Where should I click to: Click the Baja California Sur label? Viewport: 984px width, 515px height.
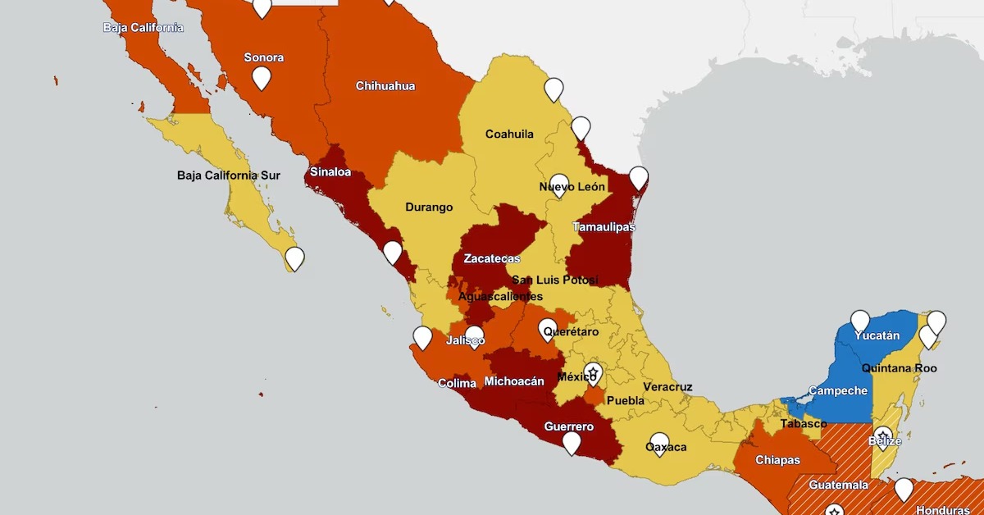tap(228, 175)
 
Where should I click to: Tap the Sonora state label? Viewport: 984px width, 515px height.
tap(264, 57)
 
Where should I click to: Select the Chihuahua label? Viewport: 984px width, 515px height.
tap(385, 86)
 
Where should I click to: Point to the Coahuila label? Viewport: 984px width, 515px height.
tap(509, 134)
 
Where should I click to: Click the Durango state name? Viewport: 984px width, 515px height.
tap(429, 207)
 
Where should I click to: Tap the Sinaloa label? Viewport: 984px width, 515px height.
tap(330, 173)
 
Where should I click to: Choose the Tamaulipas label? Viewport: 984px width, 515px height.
tap(604, 227)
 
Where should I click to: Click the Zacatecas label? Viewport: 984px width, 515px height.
tap(491, 259)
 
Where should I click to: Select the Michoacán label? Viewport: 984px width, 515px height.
tap(514, 381)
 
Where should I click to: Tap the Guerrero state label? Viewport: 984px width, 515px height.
tap(568, 426)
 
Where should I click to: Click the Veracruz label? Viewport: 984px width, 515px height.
tap(667, 387)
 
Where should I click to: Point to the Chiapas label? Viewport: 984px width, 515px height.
tap(777, 460)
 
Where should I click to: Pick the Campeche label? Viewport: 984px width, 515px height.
tap(837, 391)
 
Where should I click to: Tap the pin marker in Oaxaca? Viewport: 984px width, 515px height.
tap(659, 444)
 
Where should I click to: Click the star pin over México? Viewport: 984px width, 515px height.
tap(593, 373)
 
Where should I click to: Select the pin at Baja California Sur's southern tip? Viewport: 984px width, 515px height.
tap(294, 258)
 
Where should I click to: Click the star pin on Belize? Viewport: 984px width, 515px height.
tap(882, 437)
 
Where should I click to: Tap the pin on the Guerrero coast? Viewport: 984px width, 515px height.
tap(572, 443)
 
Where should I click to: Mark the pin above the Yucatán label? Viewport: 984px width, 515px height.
tap(859, 321)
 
